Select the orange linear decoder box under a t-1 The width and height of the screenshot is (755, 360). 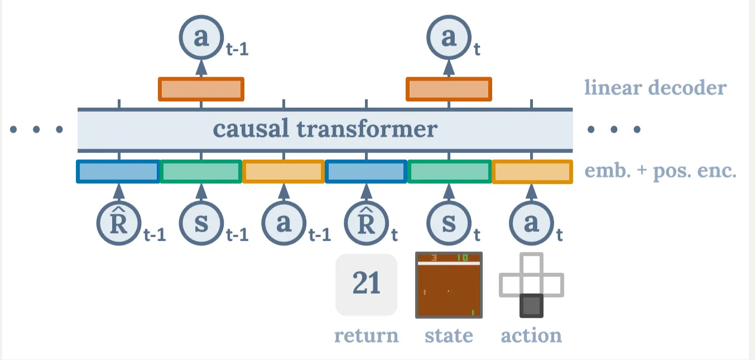point(201,89)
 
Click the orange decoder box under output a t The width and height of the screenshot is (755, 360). point(449,89)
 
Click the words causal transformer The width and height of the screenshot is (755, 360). point(325,129)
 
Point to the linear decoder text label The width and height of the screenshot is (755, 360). point(655,88)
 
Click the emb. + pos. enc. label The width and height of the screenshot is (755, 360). point(660,171)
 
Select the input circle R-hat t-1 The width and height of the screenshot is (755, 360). point(118,222)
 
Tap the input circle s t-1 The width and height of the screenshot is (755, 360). point(201,222)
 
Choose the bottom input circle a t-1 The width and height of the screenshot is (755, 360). point(283,222)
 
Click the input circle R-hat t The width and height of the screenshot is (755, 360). point(366,222)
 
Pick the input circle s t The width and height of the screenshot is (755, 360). point(449,222)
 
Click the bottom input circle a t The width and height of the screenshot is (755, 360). point(531,222)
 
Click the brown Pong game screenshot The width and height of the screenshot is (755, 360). point(449,286)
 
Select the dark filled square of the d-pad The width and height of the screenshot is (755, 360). point(531,305)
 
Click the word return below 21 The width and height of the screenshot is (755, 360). point(366,335)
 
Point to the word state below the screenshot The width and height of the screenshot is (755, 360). point(449,335)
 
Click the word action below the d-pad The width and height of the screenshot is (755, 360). point(531,335)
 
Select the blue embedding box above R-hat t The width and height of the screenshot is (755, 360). point(366,171)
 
